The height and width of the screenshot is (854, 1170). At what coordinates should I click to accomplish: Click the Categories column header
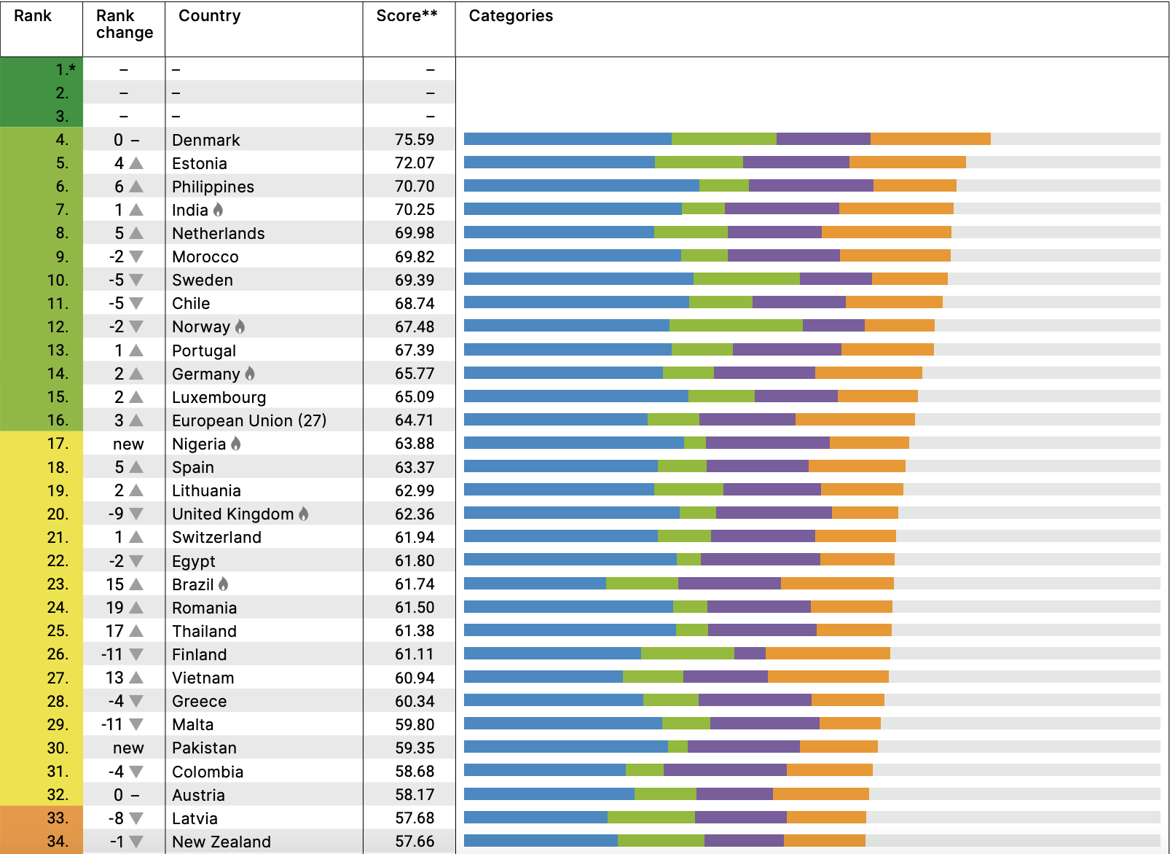point(511,16)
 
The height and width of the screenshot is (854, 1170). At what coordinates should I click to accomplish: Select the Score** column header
point(407,16)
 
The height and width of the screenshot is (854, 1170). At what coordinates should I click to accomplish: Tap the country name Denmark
point(206,140)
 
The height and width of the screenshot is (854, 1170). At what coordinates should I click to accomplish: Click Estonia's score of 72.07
point(415,163)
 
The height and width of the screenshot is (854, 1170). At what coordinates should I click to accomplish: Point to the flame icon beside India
point(218,210)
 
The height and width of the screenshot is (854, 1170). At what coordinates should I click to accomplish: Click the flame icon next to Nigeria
point(235,444)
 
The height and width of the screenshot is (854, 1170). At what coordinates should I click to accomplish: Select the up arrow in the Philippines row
point(136,187)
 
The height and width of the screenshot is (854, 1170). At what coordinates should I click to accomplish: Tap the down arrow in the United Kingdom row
point(136,514)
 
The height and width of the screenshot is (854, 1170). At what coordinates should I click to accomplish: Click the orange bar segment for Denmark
point(930,139)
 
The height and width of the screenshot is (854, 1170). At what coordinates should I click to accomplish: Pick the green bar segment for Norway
point(736,326)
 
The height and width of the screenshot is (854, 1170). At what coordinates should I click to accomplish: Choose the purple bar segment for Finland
point(750,653)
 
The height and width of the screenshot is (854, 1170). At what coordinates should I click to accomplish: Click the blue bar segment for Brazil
point(535,583)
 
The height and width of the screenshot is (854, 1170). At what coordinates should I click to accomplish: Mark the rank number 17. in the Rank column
point(58,444)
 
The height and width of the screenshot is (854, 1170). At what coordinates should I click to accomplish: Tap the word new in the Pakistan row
point(128,748)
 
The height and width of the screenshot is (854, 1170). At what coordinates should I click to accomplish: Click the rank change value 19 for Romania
point(115,608)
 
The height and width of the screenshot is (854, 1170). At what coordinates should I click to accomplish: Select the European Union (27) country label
point(249,420)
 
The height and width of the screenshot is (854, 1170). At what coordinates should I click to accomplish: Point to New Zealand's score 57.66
point(415,842)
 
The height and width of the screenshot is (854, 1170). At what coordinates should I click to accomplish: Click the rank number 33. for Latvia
point(58,818)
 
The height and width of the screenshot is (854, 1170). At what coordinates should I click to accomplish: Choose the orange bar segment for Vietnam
point(828,677)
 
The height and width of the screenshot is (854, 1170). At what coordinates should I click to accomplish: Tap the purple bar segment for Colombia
point(725,770)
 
